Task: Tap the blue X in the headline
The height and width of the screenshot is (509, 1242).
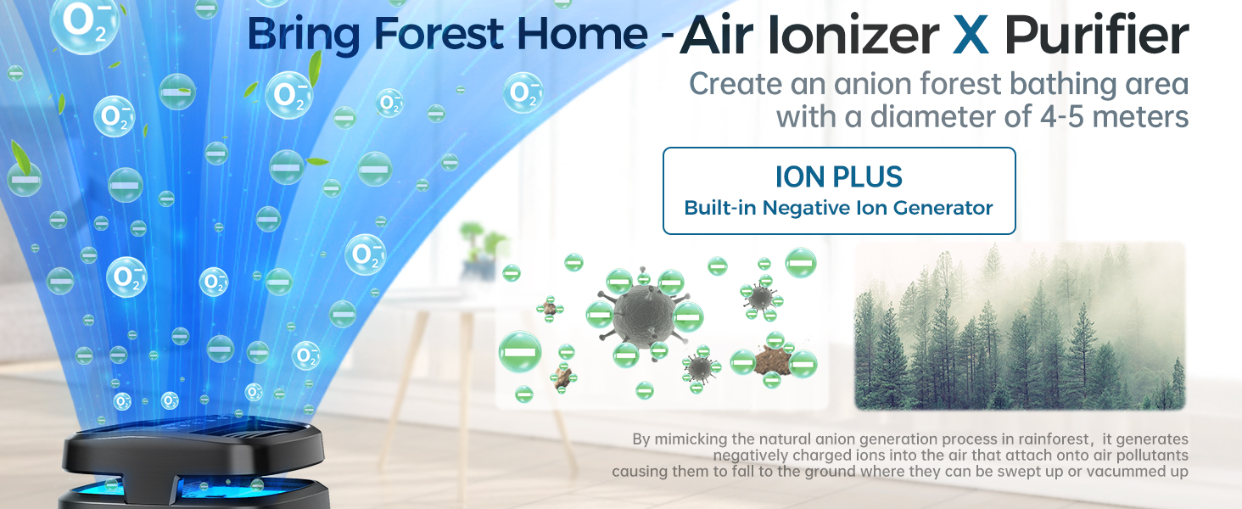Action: click(971, 36)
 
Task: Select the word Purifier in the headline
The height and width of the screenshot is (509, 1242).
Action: click(1097, 36)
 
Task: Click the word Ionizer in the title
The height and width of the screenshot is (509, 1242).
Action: click(864, 36)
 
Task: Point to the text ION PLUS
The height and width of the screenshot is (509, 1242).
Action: click(838, 176)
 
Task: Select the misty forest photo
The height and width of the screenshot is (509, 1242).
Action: click(1019, 327)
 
